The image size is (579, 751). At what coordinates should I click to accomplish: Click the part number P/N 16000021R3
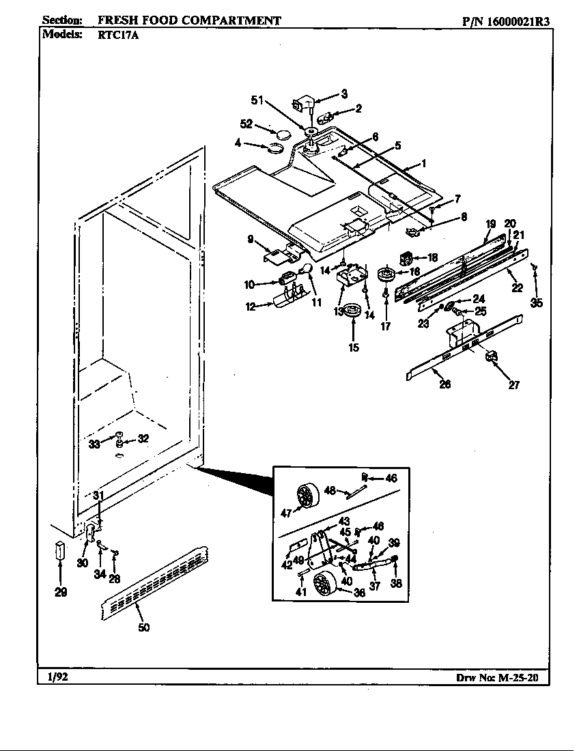pos(505,20)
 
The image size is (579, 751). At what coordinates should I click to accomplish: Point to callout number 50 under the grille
pos(144,627)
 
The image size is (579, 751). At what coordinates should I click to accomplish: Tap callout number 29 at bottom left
pos(61,592)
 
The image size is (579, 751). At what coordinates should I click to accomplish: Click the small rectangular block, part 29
pos(59,550)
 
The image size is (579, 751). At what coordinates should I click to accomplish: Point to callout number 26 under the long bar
pos(444,384)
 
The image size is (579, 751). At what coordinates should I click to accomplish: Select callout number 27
pos(513,385)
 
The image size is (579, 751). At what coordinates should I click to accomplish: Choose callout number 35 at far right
pos(537,302)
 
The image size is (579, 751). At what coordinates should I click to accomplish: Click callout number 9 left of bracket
pos(251,239)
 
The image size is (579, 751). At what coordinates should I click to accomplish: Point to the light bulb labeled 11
pos(306,270)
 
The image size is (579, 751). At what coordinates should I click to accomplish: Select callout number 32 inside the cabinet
pos(143,438)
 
